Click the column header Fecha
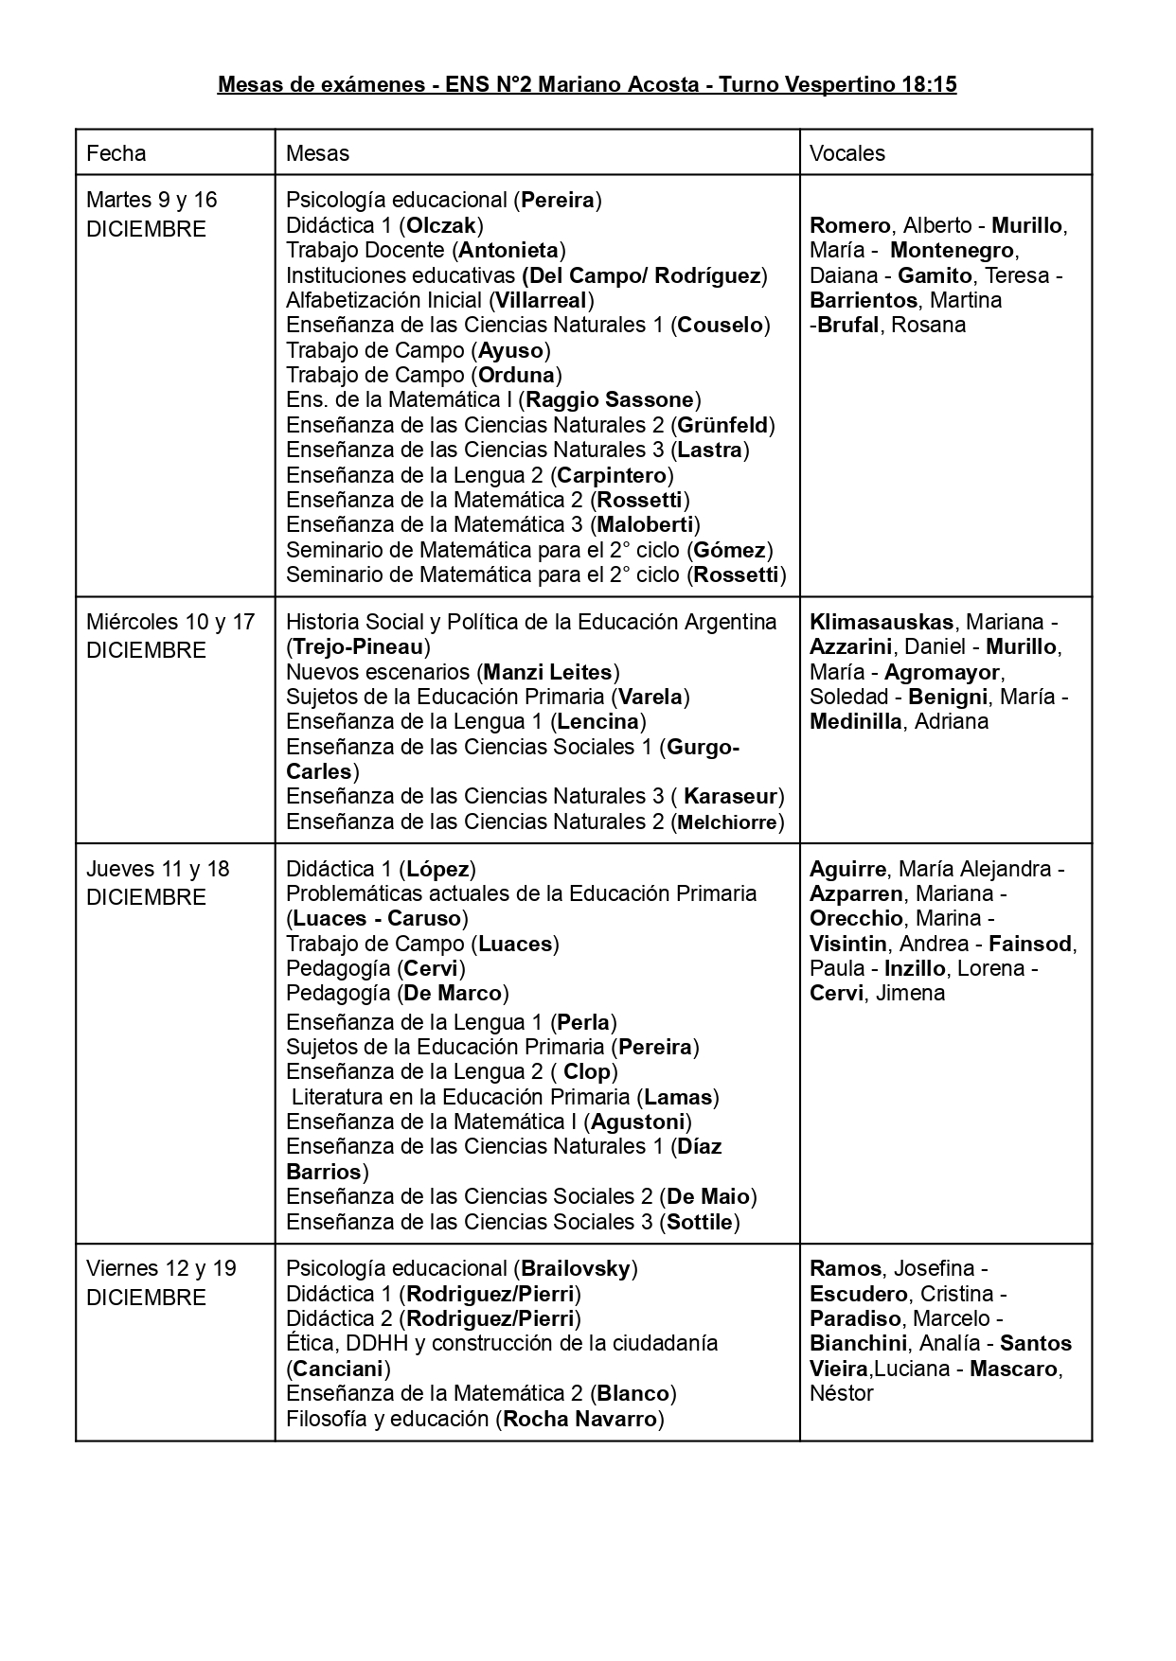[x=116, y=153]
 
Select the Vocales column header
[x=847, y=153]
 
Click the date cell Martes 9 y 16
[x=151, y=200]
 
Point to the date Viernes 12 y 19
[x=161, y=1268]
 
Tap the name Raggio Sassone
[x=611, y=399]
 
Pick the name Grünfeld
[x=722, y=425]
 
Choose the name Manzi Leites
[x=547, y=672]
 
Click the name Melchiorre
[x=727, y=822]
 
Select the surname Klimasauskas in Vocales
[x=882, y=623]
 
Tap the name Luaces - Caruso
[x=377, y=918]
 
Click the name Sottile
[x=700, y=1222]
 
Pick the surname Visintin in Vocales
[x=848, y=944]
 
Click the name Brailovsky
[x=575, y=1268]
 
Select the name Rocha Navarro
[x=579, y=1419]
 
